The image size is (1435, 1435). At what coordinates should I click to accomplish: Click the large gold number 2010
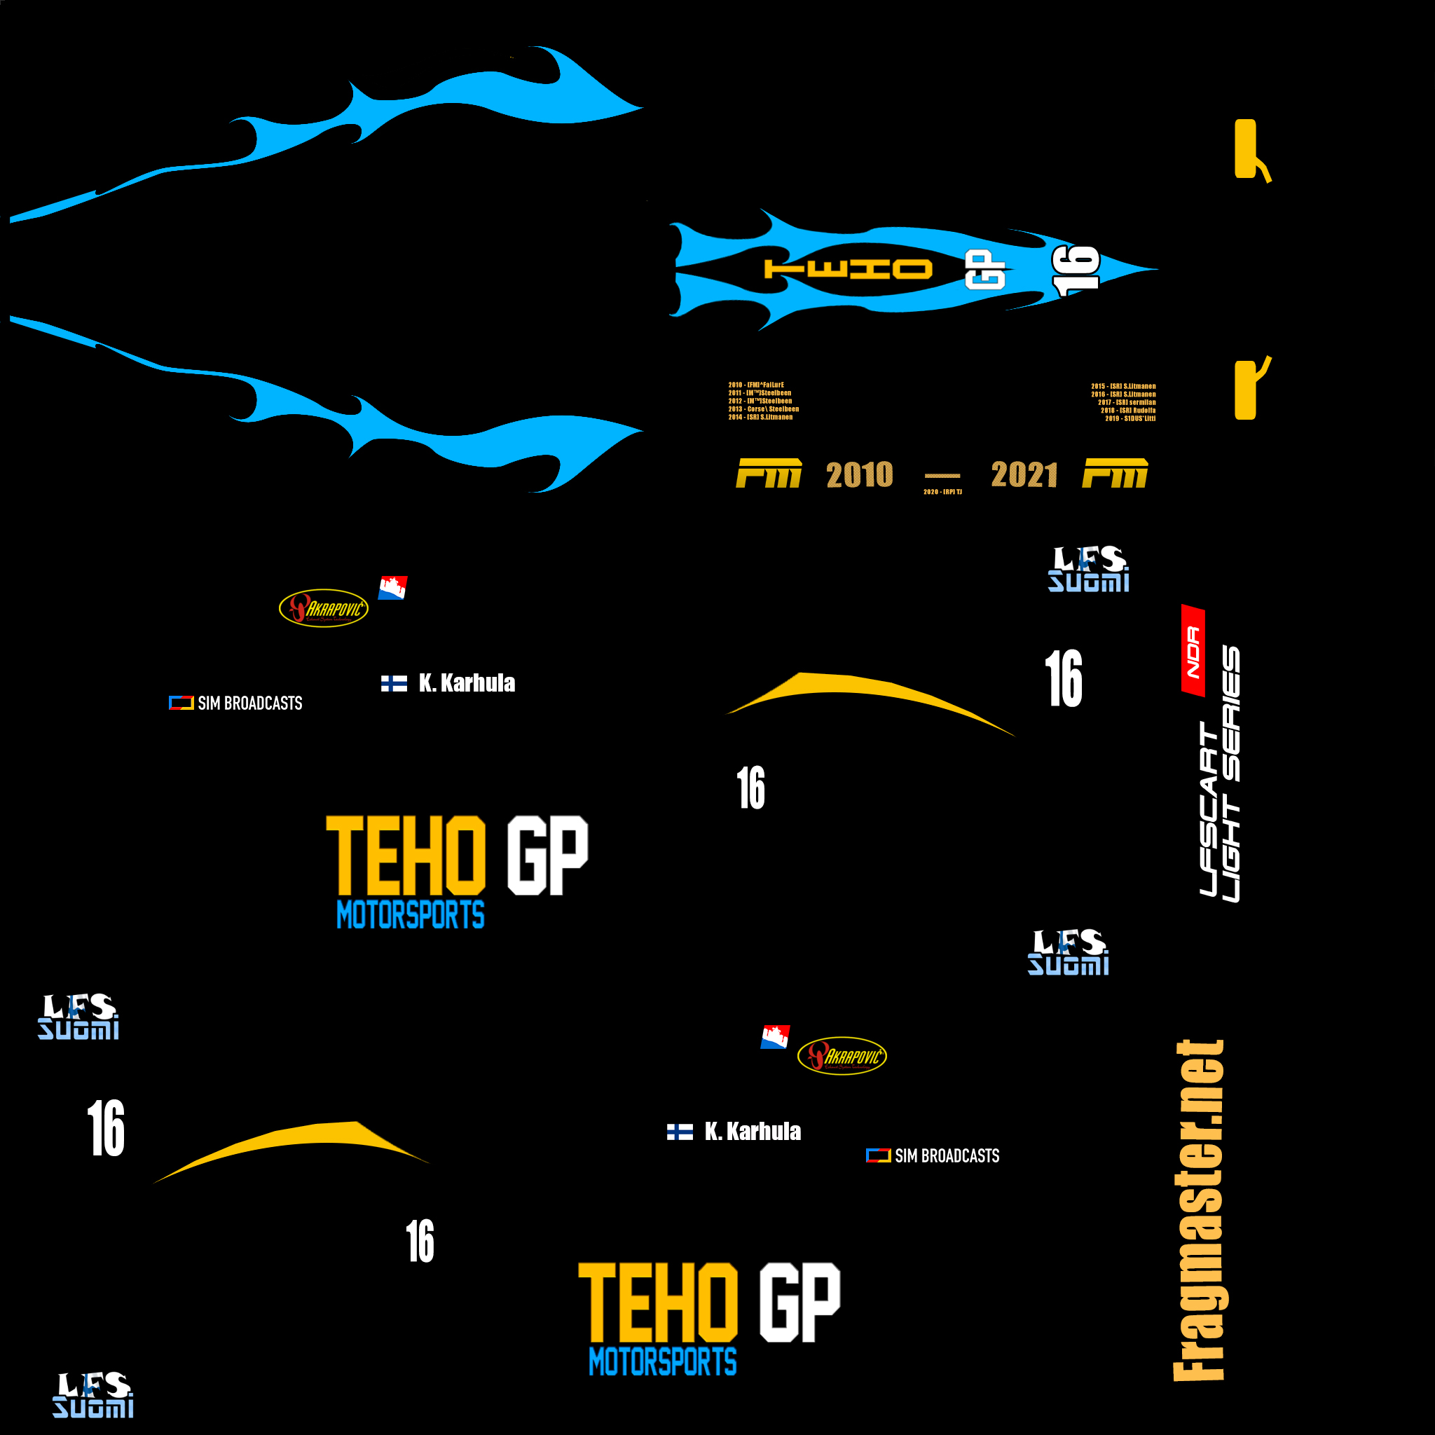point(859,474)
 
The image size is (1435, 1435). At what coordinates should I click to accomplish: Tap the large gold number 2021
point(1024,474)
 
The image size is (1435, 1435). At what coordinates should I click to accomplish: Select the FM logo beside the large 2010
point(768,473)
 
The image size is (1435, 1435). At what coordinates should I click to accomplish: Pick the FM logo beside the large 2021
point(1115,473)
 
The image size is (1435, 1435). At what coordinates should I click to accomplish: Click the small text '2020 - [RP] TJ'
point(942,492)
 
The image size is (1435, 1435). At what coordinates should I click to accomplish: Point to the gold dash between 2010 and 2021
point(942,475)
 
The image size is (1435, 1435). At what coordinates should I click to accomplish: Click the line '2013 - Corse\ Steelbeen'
point(764,409)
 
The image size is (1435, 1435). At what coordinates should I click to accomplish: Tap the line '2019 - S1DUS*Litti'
point(1130,419)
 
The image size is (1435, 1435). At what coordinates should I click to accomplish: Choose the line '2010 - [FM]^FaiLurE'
point(756,385)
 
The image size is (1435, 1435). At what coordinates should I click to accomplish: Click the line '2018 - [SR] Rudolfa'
point(1127,411)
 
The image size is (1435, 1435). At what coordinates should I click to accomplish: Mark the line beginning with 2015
point(1123,386)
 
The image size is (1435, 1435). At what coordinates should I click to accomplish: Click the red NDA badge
point(1193,652)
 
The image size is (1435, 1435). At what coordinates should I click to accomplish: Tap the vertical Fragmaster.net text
point(1198,1211)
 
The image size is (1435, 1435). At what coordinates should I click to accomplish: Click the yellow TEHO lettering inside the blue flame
point(849,270)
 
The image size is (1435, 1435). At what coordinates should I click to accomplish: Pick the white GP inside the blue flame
point(985,270)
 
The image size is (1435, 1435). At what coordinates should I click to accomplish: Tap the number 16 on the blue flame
point(1076,270)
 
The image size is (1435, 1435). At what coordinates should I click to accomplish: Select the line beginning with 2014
point(760,418)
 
